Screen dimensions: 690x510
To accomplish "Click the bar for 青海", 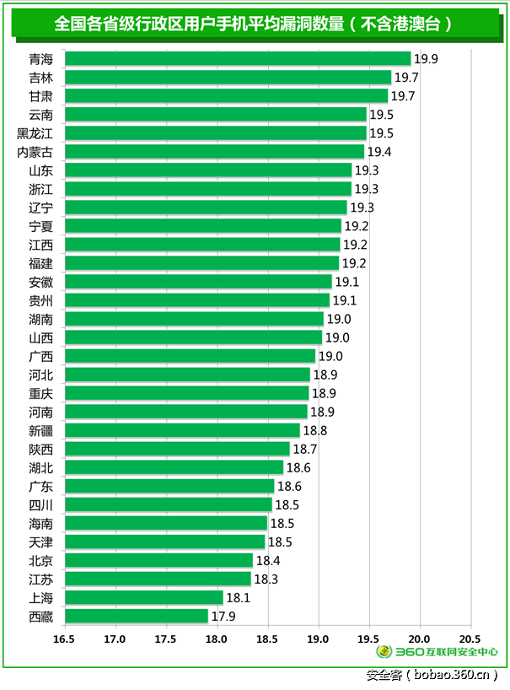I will (x=238, y=58).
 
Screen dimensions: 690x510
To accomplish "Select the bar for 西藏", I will (x=137, y=616).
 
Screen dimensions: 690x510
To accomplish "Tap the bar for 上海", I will (x=144, y=597).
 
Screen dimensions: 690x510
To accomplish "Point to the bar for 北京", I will (x=158, y=560).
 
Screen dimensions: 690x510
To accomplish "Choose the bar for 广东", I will (x=169, y=486).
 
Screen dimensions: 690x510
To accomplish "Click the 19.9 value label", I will (x=427, y=59).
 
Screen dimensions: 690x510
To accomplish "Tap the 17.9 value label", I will (x=223, y=617).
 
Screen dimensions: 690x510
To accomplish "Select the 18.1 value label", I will (x=239, y=598).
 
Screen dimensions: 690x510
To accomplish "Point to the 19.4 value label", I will (x=379, y=152).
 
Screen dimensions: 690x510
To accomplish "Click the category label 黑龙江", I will (x=35, y=133).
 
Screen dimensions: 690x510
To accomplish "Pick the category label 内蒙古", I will (x=35, y=152).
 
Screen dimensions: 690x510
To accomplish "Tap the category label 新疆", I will (x=40, y=430).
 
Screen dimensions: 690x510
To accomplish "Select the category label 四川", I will (x=40, y=504).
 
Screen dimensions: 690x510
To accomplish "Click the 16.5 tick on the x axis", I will (x=64, y=638).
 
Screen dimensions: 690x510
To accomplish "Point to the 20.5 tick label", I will (x=469, y=638).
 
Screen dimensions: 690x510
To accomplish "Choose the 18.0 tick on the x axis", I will (x=216, y=638).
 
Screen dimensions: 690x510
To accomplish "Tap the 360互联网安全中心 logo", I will (x=437, y=651).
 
